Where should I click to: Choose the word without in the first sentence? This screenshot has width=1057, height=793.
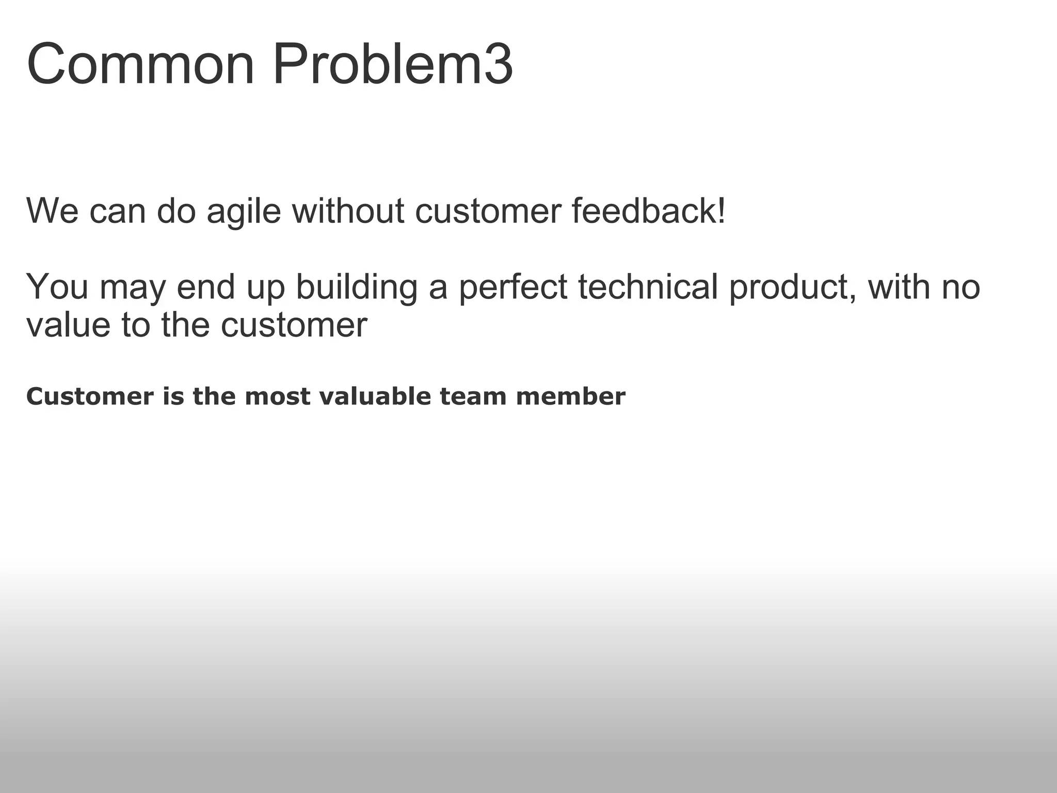coord(348,211)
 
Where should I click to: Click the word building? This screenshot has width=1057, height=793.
coord(357,288)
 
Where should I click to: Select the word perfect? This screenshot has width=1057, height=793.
coord(513,288)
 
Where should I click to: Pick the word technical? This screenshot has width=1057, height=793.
coord(648,288)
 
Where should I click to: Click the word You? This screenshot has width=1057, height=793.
coord(57,288)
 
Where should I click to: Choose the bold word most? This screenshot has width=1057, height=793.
coord(278,396)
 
